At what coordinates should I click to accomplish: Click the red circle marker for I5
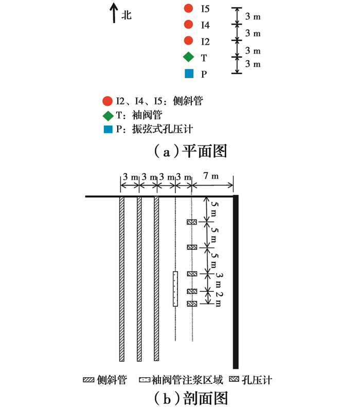pyautogui.click(x=188, y=8)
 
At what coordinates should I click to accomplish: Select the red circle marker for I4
pyautogui.click(x=188, y=24)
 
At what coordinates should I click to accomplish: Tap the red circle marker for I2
pyautogui.click(x=188, y=40)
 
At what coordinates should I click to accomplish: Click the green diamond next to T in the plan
pyautogui.click(x=188, y=57)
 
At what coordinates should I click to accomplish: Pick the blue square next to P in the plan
pyautogui.click(x=189, y=73)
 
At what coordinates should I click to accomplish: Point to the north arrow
pyautogui.click(x=114, y=13)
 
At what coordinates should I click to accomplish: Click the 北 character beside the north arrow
pyautogui.click(x=127, y=15)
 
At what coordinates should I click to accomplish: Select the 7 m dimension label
pyautogui.click(x=211, y=176)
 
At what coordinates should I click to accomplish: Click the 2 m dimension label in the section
pyautogui.click(x=219, y=299)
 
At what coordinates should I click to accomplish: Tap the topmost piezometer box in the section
pyautogui.click(x=192, y=222)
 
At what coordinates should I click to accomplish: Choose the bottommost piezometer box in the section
pyautogui.click(x=192, y=304)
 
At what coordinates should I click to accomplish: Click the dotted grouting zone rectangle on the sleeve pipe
pyautogui.click(x=175, y=289)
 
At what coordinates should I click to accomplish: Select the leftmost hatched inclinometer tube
pyautogui.click(x=122, y=279)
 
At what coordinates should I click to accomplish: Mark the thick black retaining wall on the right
pyautogui.click(x=236, y=282)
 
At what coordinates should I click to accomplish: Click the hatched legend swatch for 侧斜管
pyautogui.click(x=88, y=380)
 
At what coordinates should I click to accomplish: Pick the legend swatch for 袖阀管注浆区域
pyautogui.click(x=145, y=380)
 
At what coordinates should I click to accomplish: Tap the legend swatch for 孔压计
pyautogui.click(x=234, y=379)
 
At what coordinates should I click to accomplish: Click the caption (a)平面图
pyautogui.click(x=191, y=152)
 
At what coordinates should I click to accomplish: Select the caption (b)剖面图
pyautogui.click(x=191, y=398)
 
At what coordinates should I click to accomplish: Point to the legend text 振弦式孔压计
pyautogui.click(x=163, y=129)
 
